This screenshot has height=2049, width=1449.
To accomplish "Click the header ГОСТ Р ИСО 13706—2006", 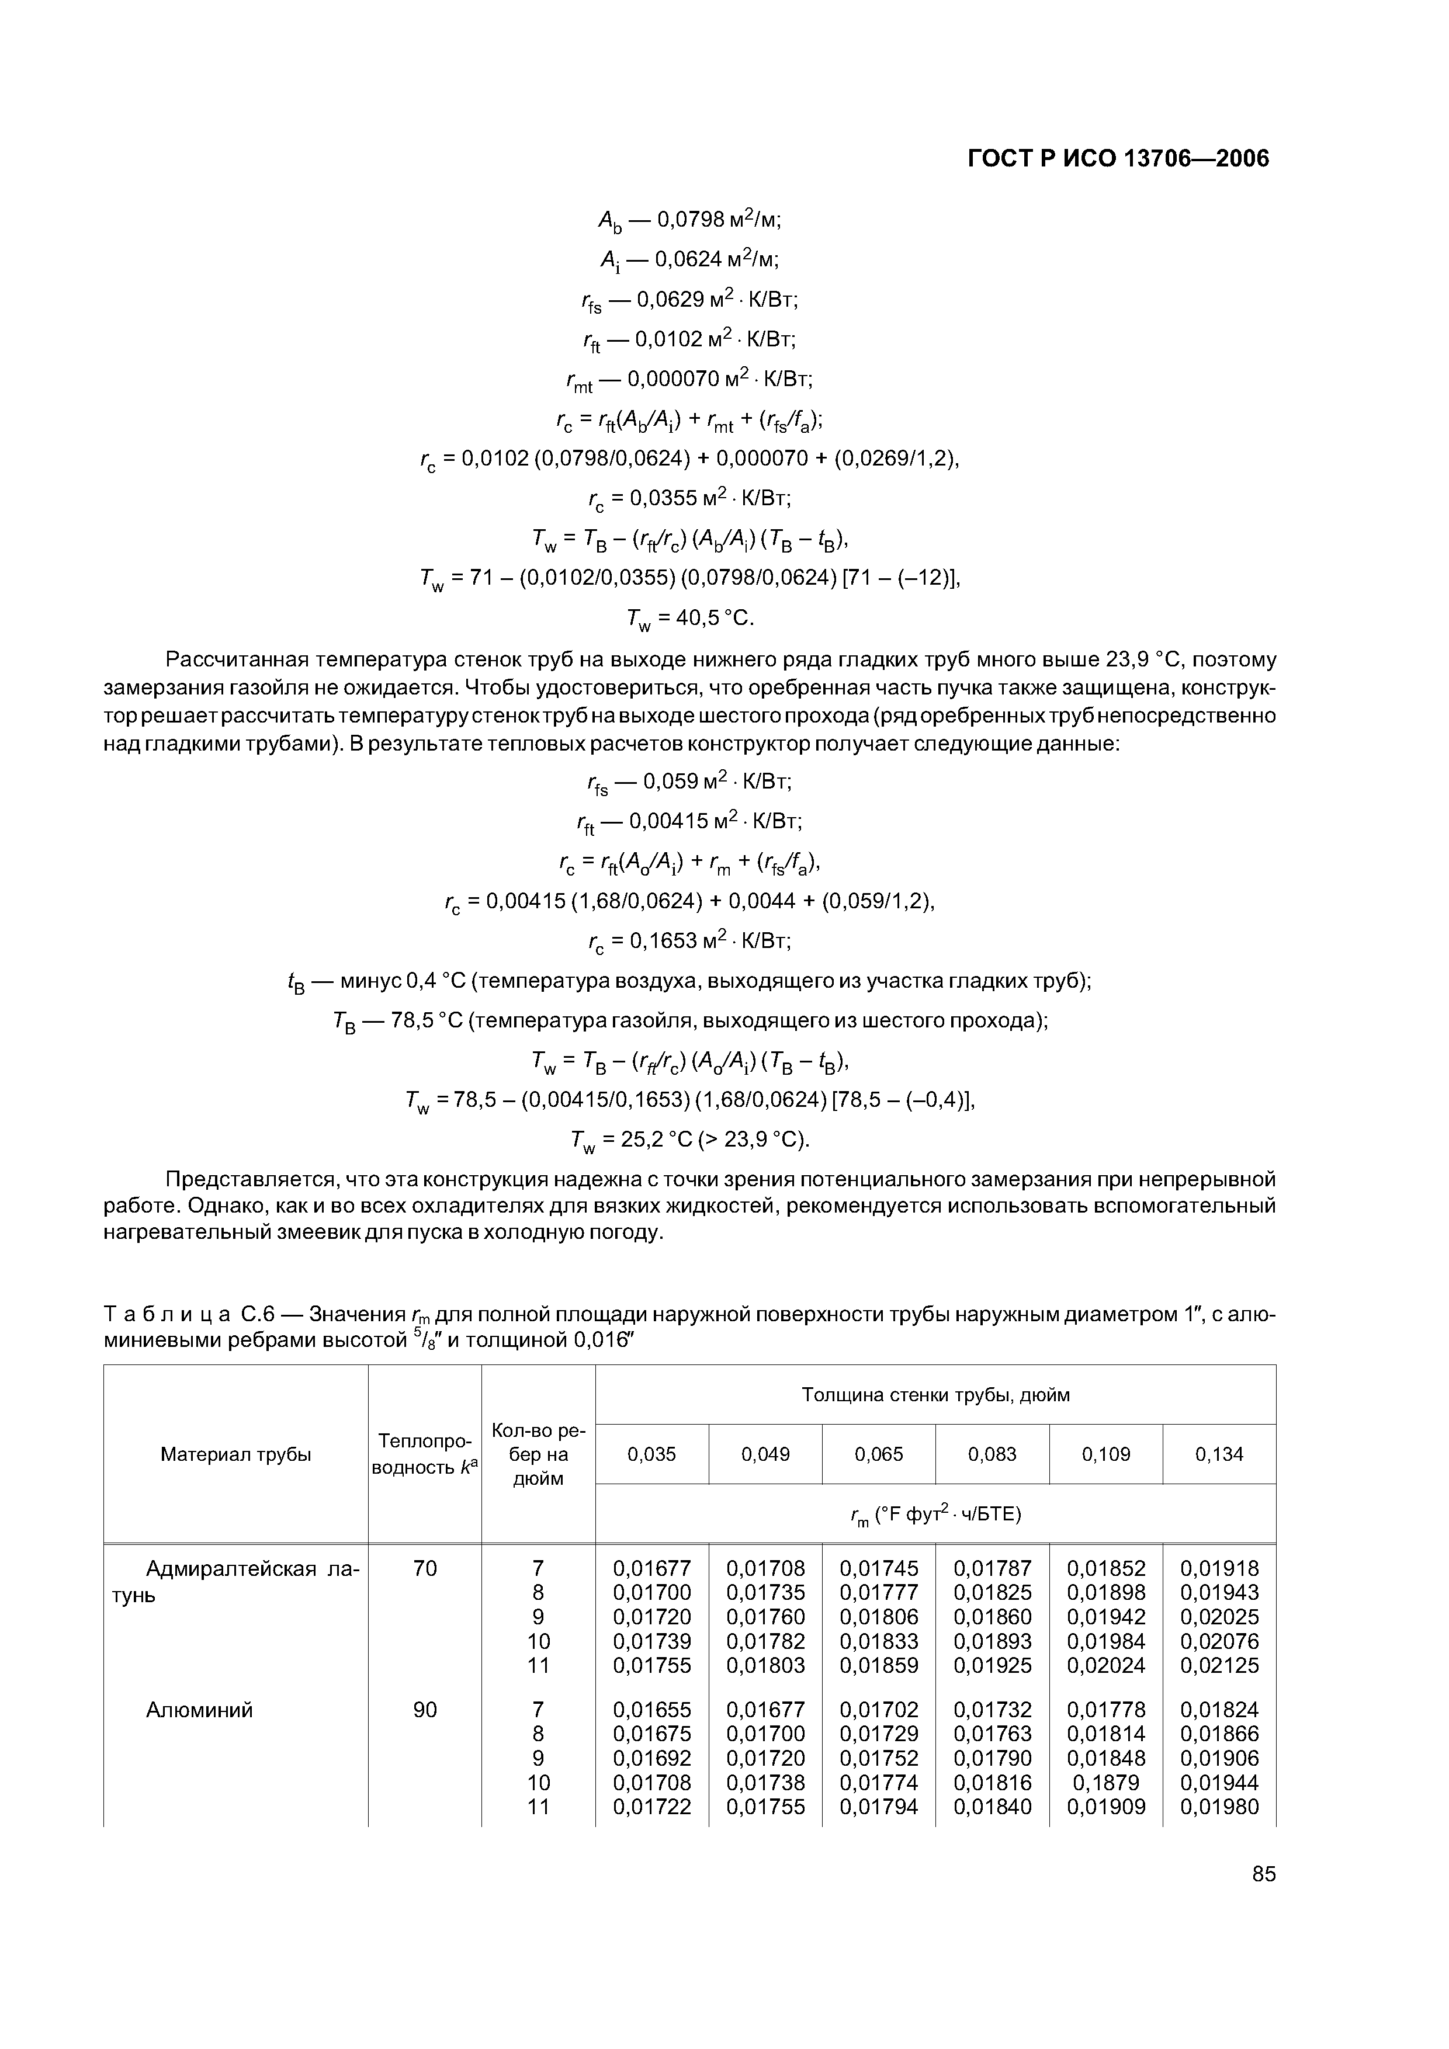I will point(1118,159).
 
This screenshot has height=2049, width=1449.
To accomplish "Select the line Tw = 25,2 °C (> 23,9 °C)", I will point(690,1141).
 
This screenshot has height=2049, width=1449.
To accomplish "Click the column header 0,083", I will point(992,1454).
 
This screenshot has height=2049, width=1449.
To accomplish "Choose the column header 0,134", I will point(1219,1454).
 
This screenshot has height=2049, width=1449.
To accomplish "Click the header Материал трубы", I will point(235,1454).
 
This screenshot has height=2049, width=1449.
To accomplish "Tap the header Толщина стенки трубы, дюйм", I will point(935,1395).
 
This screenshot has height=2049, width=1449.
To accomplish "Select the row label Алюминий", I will point(199,1710).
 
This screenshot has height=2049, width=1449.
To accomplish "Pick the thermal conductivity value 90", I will point(425,1710).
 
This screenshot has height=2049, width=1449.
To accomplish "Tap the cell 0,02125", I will point(1219,1665).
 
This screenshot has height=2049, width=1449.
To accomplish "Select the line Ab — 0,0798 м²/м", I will point(690,220).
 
